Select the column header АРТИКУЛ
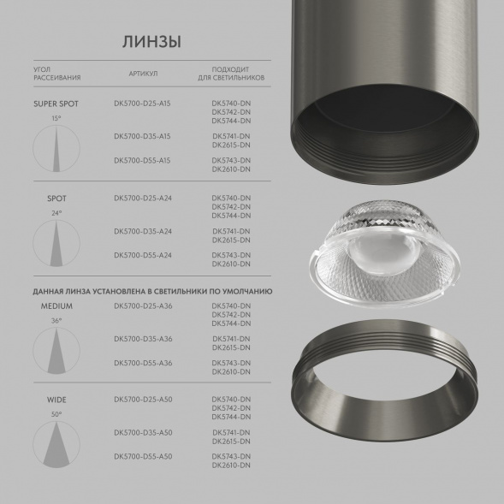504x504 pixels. [x=143, y=74]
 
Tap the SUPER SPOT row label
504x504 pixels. [x=56, y=104]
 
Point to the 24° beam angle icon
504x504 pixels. [x=56, y=240]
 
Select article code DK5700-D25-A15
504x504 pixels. [x=143, y=104]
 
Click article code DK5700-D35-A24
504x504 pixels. [x=143, y=231]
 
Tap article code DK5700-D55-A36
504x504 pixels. [x=143, y=363]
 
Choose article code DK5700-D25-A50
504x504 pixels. [x=143, y=400]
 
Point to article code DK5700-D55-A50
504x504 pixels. [x=143, y=457]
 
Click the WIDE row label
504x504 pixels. [x=56, y=400]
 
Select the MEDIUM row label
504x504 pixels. [x=56, y=305]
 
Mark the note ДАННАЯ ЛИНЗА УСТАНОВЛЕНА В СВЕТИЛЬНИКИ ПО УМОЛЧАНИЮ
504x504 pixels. [x=152, y=291]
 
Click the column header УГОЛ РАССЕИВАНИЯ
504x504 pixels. [x=57, y=74]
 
